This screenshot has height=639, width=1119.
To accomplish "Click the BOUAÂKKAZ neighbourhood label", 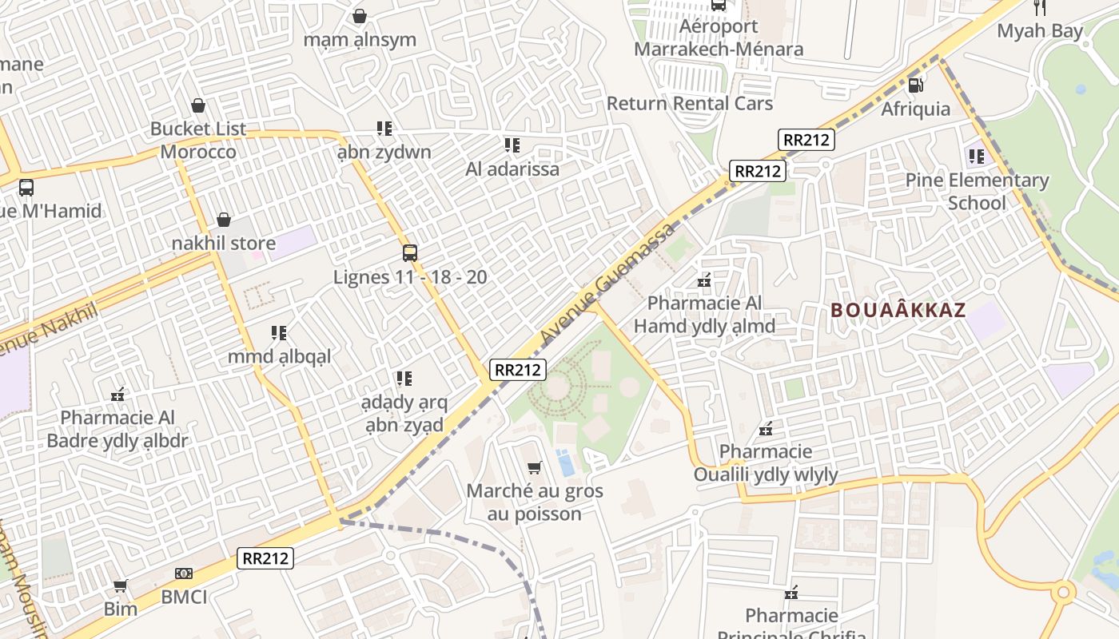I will point(898,311).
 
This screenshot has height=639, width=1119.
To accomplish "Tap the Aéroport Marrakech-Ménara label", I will point(719,38).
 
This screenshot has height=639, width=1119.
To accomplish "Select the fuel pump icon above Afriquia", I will point(916,84).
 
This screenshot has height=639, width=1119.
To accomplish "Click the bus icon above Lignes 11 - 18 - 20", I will point(410,253).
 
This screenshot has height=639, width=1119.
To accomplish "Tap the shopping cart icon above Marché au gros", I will point(534,467).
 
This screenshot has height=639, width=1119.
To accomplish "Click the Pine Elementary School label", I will point(977,192).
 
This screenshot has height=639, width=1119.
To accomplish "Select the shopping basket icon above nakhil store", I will point(224,220).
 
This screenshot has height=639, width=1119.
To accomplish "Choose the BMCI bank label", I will point(184,597).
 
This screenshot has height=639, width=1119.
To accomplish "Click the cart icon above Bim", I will point(121,587).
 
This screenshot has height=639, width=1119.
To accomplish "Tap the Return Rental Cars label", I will point(690,104).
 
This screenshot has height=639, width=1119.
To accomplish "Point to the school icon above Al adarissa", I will point(512,145).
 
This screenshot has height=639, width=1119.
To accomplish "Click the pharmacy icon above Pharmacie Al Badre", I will point(117,394).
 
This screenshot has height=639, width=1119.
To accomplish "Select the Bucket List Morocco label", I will point(198,140).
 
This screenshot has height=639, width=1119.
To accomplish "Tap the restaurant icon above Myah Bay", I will point(1040,8).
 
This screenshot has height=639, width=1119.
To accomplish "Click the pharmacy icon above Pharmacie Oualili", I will point(766,429).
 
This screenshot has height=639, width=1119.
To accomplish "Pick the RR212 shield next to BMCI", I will point(265,558).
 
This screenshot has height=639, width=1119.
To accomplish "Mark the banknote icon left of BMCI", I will point(184,574).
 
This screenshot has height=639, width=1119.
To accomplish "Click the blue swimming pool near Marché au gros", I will point(565,463).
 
